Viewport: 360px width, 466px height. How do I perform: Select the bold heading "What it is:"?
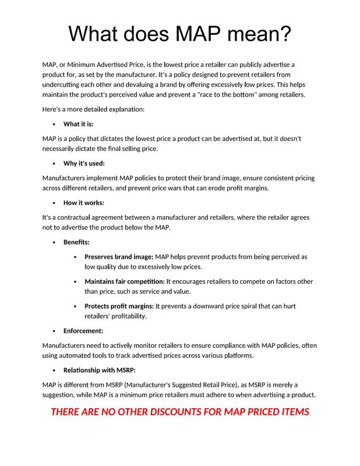(x=79, y=124)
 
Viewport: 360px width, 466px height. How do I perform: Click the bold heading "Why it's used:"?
(x=84, y=163)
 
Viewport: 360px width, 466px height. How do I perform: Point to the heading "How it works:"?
(x=83, y=203)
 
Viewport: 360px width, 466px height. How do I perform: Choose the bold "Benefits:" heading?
(x=76, y=242)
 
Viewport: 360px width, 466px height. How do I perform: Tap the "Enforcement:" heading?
(x=83, y=331)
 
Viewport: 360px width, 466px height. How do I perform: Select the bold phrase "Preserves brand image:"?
(x=119, y=256)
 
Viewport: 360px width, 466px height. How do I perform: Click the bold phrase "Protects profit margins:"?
(x=119, y=306)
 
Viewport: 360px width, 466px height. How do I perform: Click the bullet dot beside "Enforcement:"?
(x=54, y=331)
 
